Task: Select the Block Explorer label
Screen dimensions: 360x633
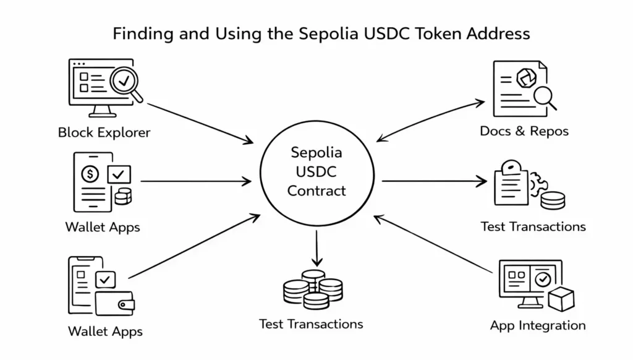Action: point(104,132)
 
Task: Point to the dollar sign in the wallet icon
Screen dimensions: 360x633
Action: point(90,174)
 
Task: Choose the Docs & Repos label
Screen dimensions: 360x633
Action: point(524,131)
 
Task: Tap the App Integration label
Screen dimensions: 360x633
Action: point(537,325)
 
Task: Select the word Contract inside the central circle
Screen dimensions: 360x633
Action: point(316,191)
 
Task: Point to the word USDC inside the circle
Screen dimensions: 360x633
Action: point(317,171)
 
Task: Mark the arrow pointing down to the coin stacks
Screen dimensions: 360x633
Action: point(316,247)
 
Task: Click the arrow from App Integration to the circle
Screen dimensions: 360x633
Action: point(433,244)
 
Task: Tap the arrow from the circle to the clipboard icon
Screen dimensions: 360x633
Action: point(433,181)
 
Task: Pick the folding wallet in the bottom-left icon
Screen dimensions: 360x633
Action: point(115,303)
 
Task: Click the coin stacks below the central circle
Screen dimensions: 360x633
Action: point(313,289)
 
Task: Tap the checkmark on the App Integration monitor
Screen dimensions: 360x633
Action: point(543,279)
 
